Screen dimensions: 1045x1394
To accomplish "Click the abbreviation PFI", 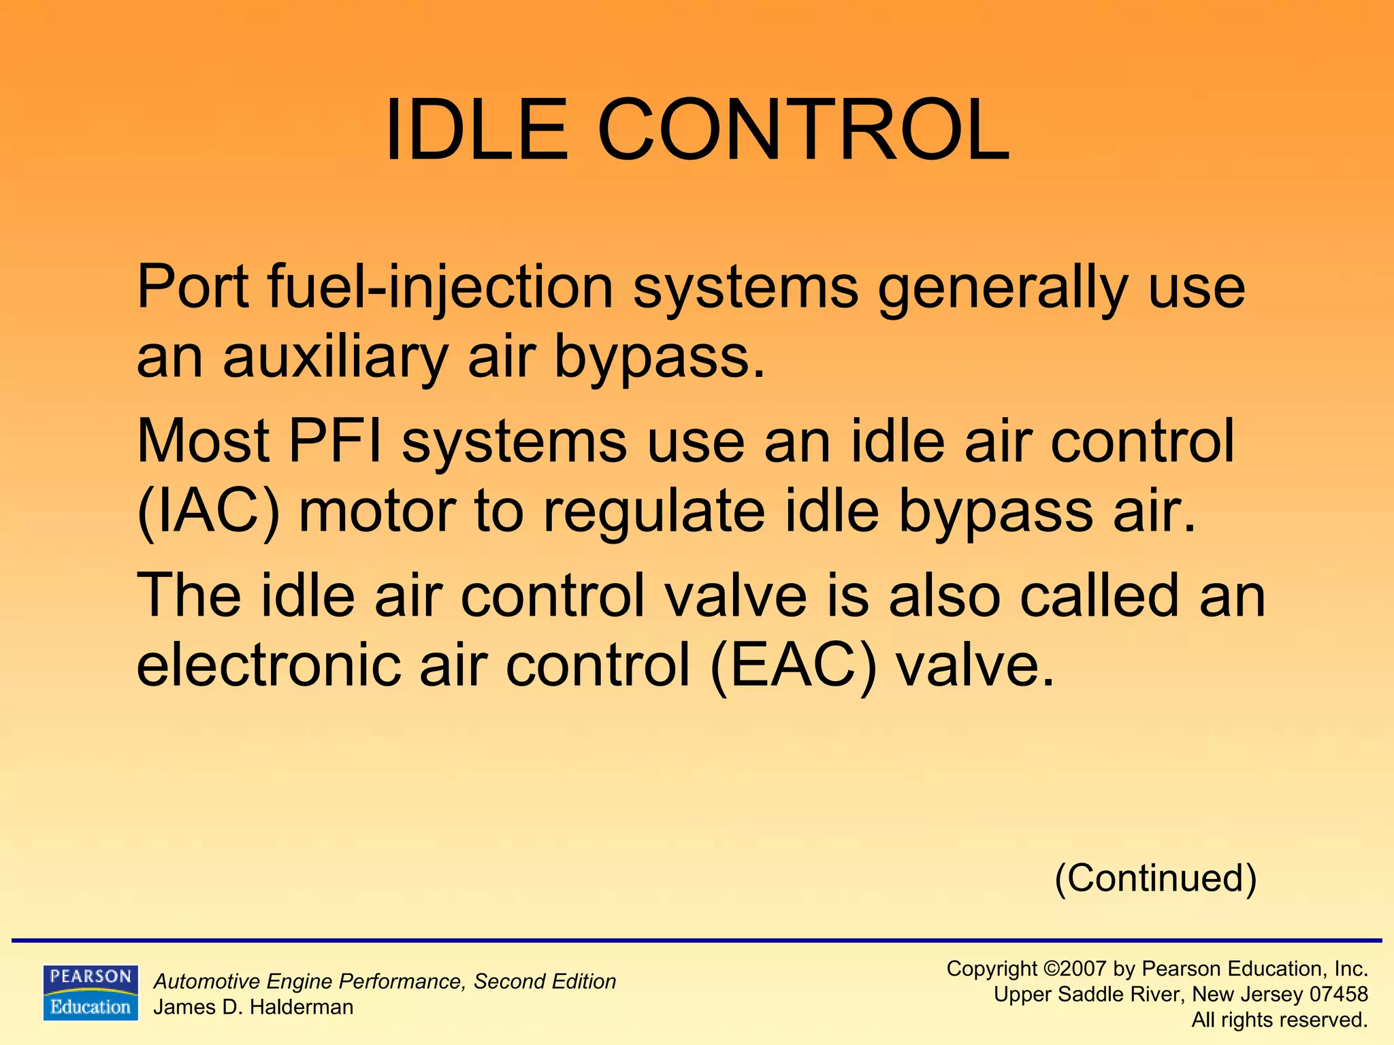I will pyautogui.click(x=335, y=442).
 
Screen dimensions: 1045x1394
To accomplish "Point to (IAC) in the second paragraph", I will pyautogui.click(x=208, y=512).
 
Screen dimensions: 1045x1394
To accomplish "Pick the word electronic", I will pyautogui.click(x=268, y=665).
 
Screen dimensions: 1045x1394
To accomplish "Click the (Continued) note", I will pyautogui.click(x=1155, y=878).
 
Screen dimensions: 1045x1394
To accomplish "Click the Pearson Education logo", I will pyautogui.click(x=91, y=993).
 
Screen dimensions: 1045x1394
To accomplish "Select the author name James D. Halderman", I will pyautogui.click(x=253, y=1007).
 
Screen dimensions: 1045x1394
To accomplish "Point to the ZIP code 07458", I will pyautogui.click(x=1339, y=995).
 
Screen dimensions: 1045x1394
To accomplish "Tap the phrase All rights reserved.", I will pyautogui.click(x=1280, y=1020).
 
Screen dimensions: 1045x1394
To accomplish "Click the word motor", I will pyautogui.click(x=377, y=512).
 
